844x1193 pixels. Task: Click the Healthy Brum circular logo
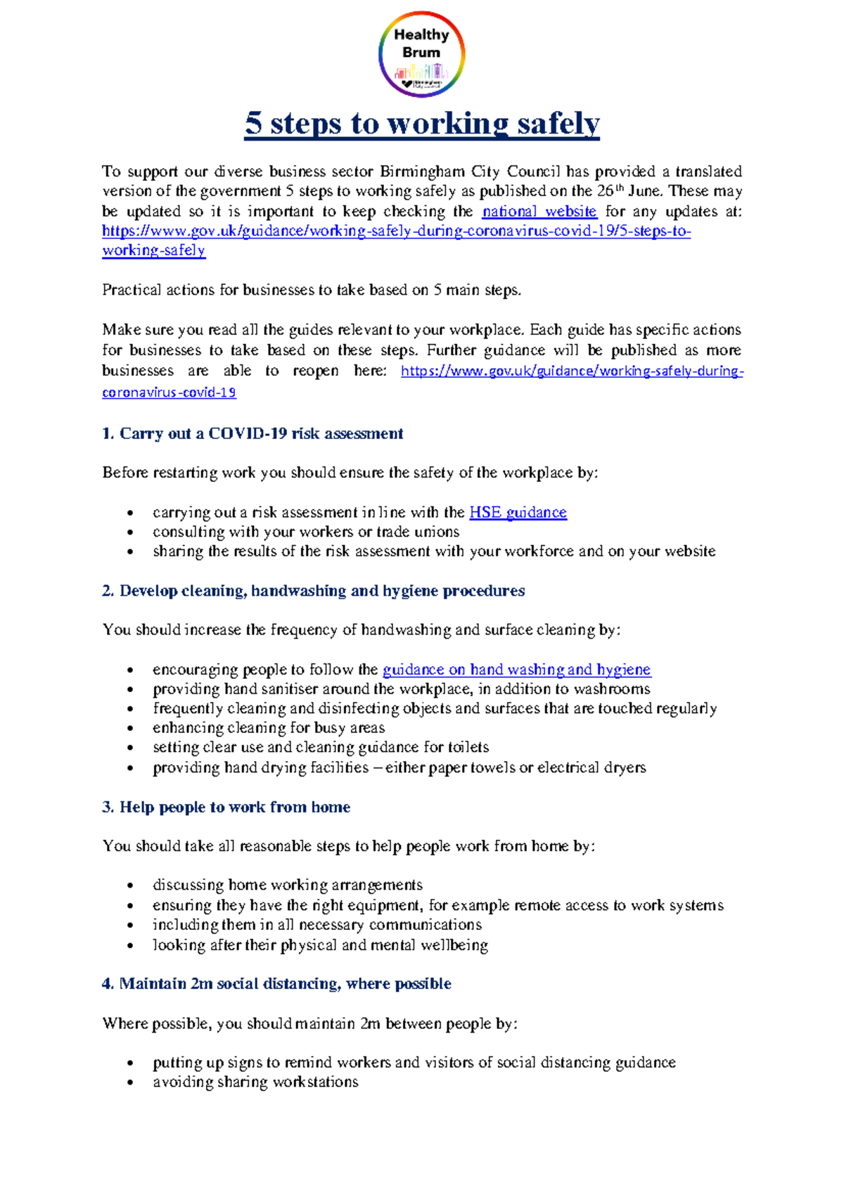click(x=421, y=54)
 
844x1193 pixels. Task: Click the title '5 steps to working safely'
click(x=422, y=124)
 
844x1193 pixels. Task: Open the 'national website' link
click(x=539, y=211)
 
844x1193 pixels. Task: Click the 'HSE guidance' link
click(x=518, y=512)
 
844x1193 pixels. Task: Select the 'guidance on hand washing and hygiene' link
click(x=516, y=669)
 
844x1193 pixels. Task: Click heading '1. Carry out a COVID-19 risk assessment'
click(x=252, y=433)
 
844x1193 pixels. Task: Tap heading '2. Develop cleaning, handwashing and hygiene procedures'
click(x=314, y=591)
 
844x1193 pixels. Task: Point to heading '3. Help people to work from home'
click(x=226, y=807)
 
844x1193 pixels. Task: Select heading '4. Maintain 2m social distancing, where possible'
click(x=276, y=983)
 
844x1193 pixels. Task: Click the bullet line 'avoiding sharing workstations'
click(x=255, y=1082)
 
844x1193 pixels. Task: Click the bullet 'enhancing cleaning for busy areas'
click(x=269, y=727)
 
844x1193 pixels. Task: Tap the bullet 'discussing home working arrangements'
click(x=287, y=885)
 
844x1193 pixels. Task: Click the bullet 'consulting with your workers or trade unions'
click(x=306, y=532)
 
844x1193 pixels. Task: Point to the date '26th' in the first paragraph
click(x=609, y=191)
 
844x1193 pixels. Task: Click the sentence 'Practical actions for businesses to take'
click(x=312, y=290)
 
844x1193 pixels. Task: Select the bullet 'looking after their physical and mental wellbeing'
click(x=320, y=945)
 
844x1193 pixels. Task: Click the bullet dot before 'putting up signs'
click(x=130, y=1064)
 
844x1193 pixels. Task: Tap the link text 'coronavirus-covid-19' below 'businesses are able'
click(x=169, y=393)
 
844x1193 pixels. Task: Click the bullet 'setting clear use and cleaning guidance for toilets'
click(x=321, y=747)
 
